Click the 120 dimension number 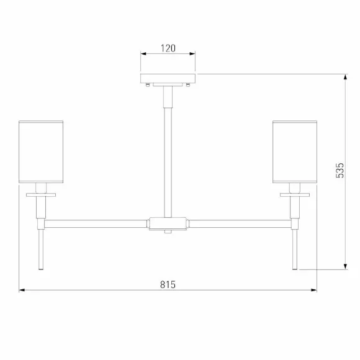[x=168, y=48]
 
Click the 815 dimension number [x=168, y=284]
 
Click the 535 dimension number [x=340, y=170]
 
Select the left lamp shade [x=41, y=152]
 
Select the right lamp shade [x=295, y=152]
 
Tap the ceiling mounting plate [x=168, y=79]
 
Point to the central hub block [x=168, y=223]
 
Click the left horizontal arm [x=96, y=224]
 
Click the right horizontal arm [x=240, y=224]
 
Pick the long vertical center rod [x=168, y=163]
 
